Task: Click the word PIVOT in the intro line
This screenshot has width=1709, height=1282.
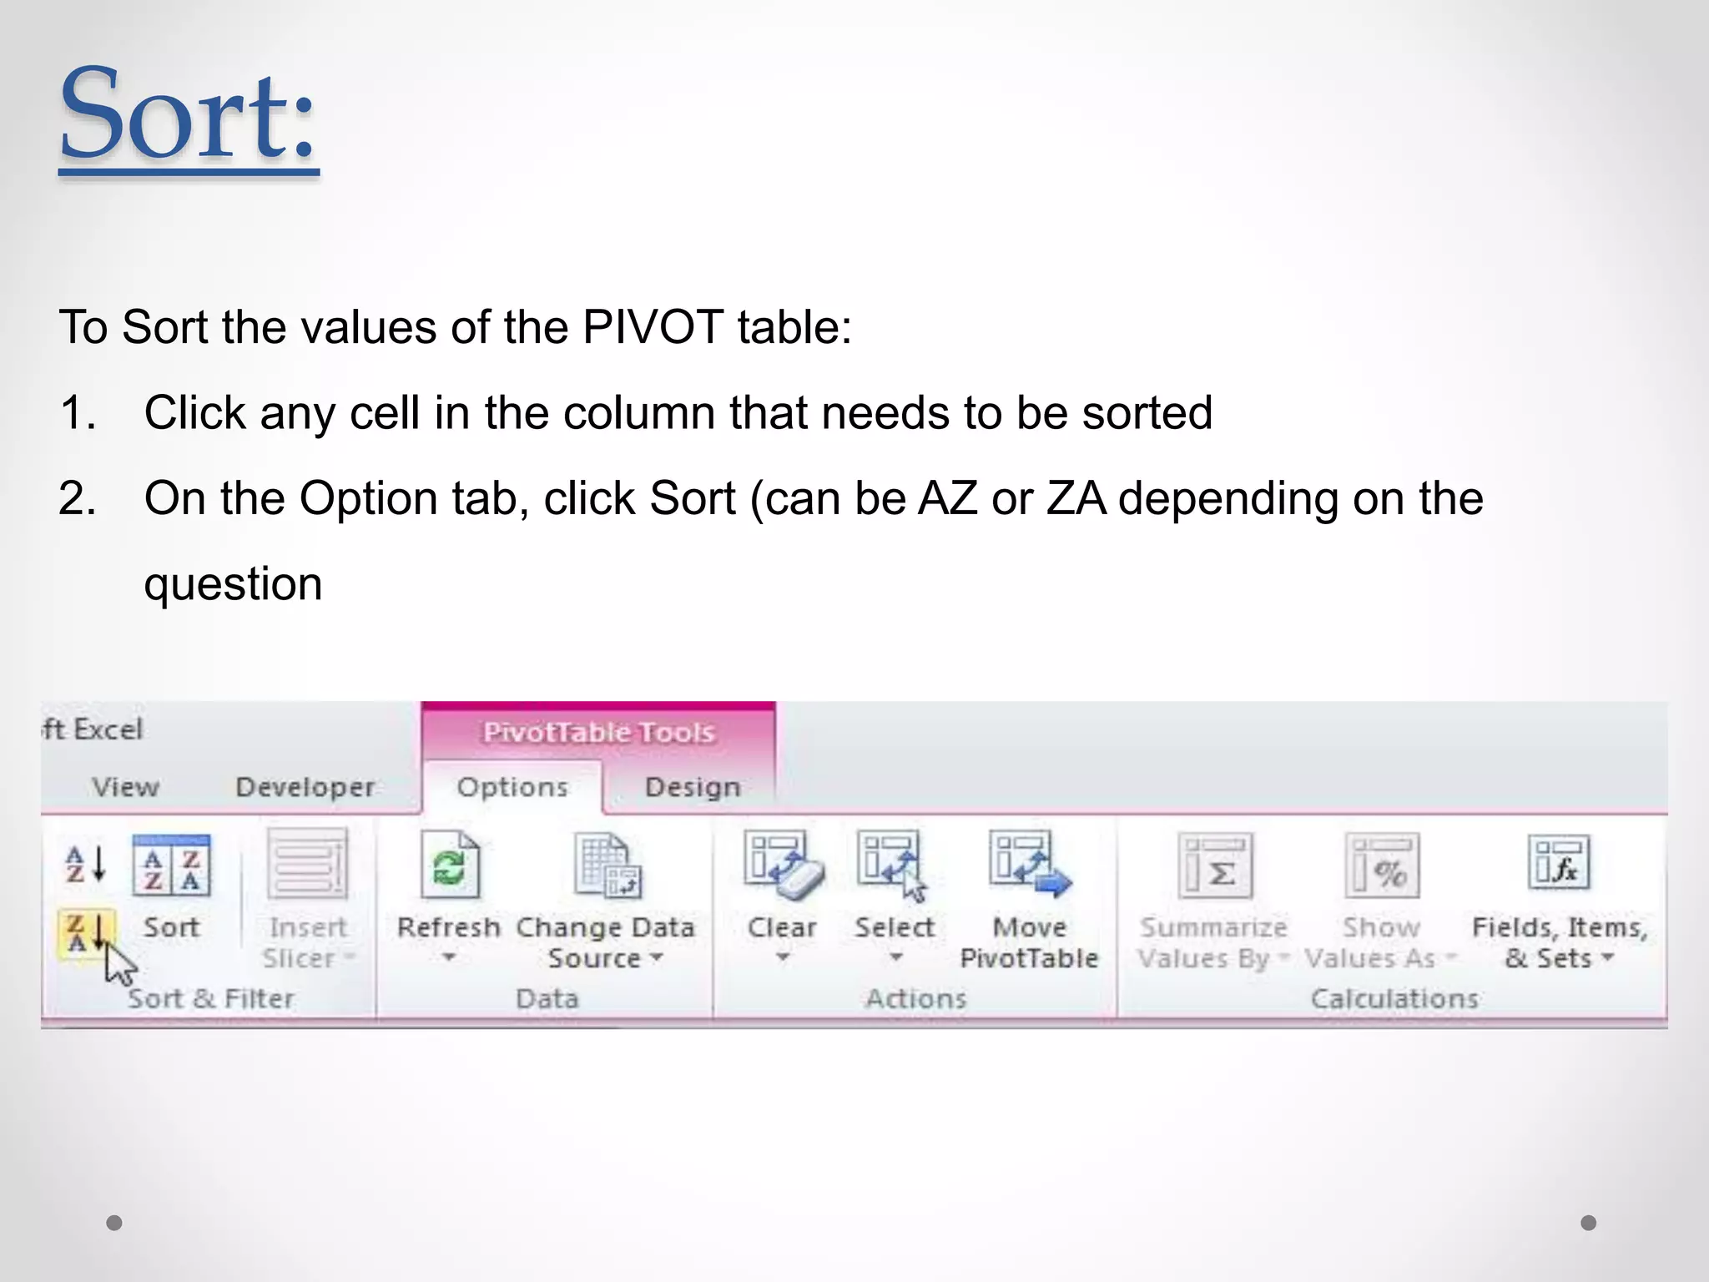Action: [x=653, y=326]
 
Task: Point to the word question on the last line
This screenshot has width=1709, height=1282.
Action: [x=233, y=583]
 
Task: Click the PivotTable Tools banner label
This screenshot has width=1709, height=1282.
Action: [x=598, y=732]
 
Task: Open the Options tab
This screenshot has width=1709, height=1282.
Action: [x=512, y=787]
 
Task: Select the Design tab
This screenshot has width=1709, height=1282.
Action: [x=693, y=787]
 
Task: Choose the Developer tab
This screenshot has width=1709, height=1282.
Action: [x=305, y=787]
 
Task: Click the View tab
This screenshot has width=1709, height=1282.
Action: [x=125, y=787]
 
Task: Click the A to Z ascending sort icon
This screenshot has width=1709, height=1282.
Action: [x=85, y=865]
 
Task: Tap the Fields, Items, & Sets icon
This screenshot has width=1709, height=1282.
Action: [x=1559, y=865]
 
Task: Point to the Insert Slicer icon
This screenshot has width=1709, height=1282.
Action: [x=307, y=865]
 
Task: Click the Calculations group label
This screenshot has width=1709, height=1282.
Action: [x=1394, y=998]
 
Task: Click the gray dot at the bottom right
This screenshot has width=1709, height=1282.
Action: [x=1588, y=1223]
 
